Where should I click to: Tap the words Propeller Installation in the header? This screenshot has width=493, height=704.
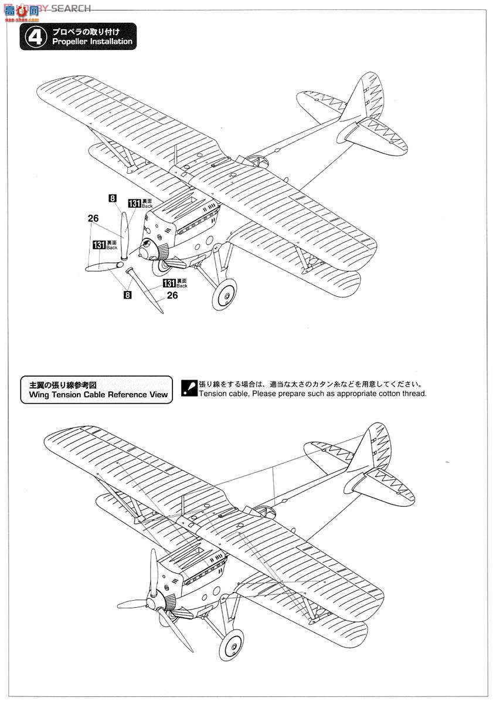pyautogui.click(x=92, y=42)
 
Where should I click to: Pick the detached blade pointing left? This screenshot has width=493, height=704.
pyautogui.click(x=101, y=267)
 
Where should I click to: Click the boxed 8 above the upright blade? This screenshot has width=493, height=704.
pyautogui.click(x=112, y=198)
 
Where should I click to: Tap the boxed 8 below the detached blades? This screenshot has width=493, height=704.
pyautogui.click(x=127, y=295)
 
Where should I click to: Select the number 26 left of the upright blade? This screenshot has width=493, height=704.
pyautogui.click(x=93, y=218)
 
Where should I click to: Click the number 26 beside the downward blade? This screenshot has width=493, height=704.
pyautogui.click(x=172, y=295)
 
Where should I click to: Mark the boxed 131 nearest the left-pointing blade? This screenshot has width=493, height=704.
pyautogui.click(x=98, y=245)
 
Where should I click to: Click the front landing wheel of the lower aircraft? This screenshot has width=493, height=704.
pyautogui.click(x=232, y=644)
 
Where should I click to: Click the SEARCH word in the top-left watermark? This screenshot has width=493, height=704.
pyautogui.click(x=71, y=8)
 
